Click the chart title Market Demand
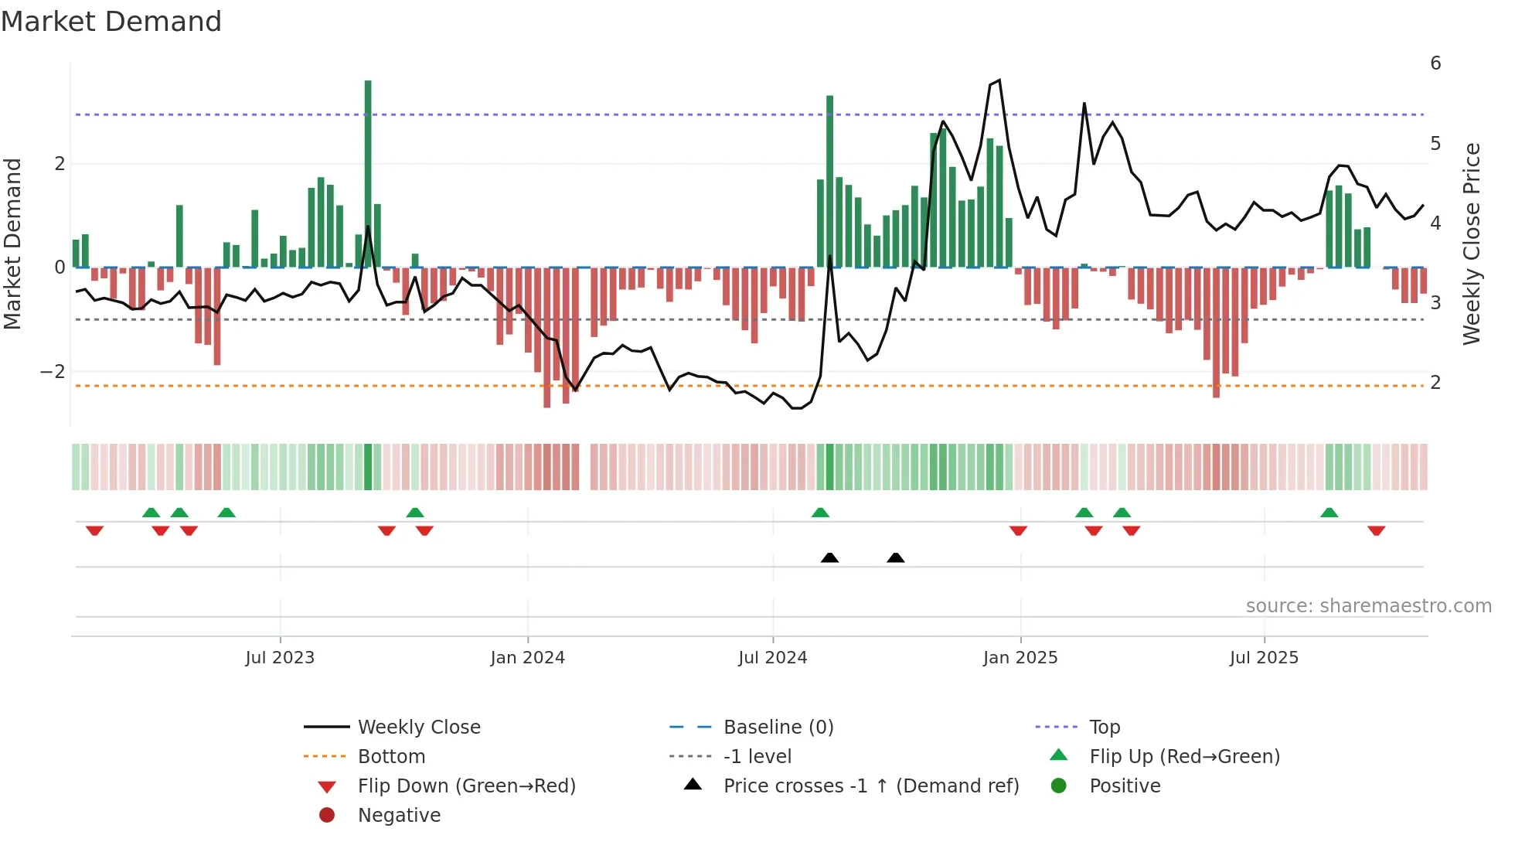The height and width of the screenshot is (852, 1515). tap(111, 22)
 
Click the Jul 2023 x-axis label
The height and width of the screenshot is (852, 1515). tap(280, 658)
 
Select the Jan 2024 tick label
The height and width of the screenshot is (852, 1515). tap(528, 658)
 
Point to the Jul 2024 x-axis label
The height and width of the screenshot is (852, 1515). tap(773, 658)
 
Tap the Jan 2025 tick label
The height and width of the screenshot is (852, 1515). tap(1020, 658)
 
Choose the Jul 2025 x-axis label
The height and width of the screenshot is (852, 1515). tap(1265, 658)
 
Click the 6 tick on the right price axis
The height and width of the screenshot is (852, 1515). tap(1435, 63)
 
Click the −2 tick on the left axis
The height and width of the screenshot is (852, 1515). tap(53, 372)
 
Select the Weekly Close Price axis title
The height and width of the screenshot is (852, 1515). tap(1472, 244)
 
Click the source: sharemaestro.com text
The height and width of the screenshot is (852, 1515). tap(1368, 606)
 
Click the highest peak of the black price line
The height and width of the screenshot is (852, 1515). tap(999, 80)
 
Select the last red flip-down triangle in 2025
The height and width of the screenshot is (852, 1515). tap(1376, 530)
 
